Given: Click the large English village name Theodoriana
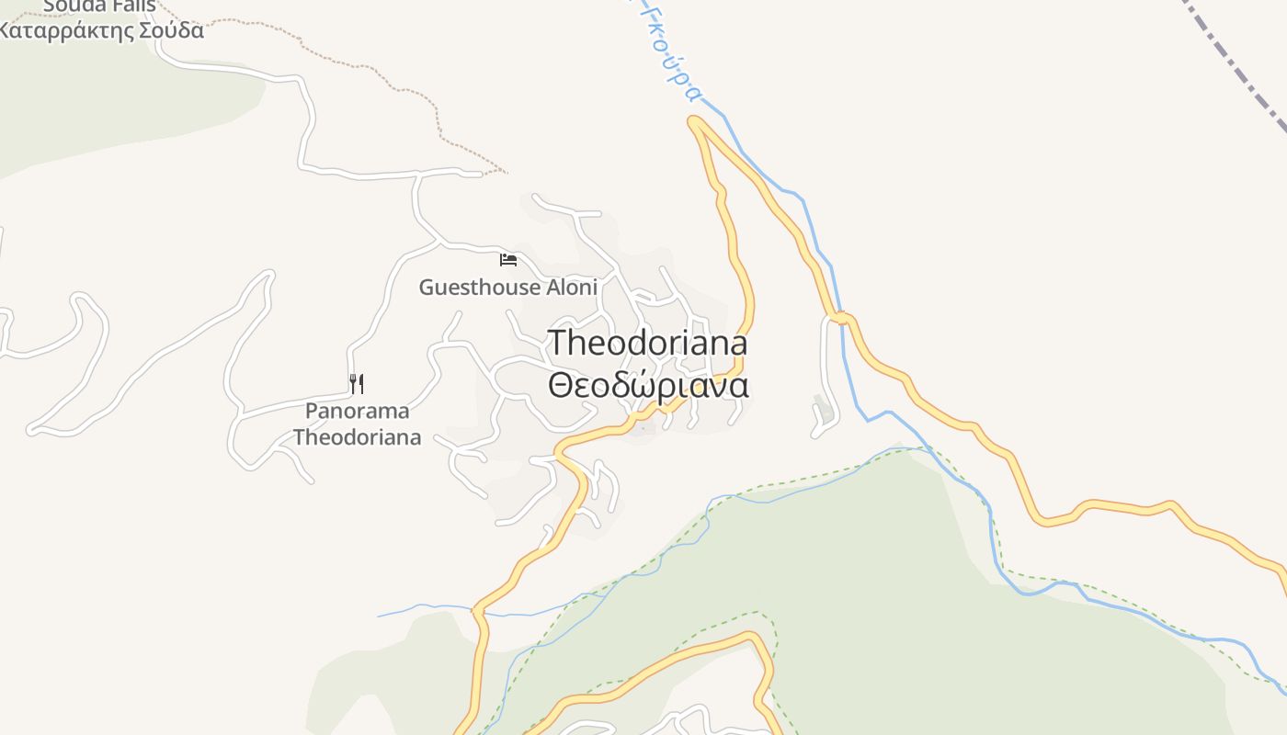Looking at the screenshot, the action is pos(648,344).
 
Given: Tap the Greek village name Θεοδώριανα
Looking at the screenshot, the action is pos(648,385).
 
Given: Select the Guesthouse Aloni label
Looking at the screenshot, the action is pos(507,288).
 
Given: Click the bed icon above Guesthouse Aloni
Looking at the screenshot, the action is pos(507,259).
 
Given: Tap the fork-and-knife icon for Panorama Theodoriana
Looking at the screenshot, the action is pos(357,383).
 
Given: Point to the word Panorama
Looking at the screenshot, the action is pos(357,411).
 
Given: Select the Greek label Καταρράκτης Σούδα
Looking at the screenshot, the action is pos(99,30).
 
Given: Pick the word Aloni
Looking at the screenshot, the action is pos(572,288).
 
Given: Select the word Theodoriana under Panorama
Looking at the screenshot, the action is pos(357,437).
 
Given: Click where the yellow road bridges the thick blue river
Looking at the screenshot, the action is pos(839,319).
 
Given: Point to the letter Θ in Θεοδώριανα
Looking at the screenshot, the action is pos(560,386).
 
